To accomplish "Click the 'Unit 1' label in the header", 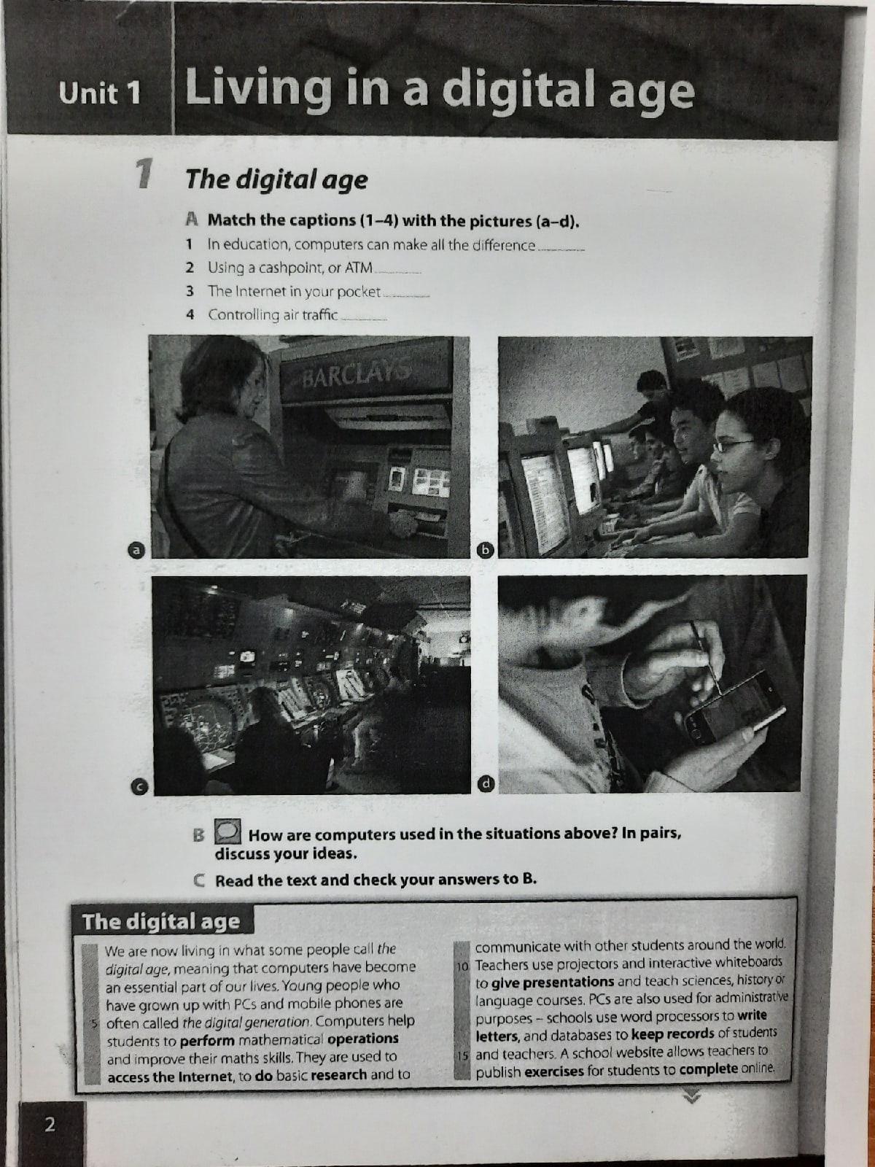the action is click(100, 93).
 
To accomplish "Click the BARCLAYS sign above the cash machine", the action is click(356, 373).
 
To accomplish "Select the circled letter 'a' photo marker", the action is click(137, 550).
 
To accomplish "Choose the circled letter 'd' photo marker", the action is click(486, 783).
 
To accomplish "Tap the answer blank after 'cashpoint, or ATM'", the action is click(398, 271).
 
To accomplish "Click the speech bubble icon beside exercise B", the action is click(227, 831).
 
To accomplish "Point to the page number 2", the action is click(50, 1124).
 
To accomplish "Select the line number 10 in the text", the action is click(462, 966).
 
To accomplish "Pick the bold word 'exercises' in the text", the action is click(553, 1071).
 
